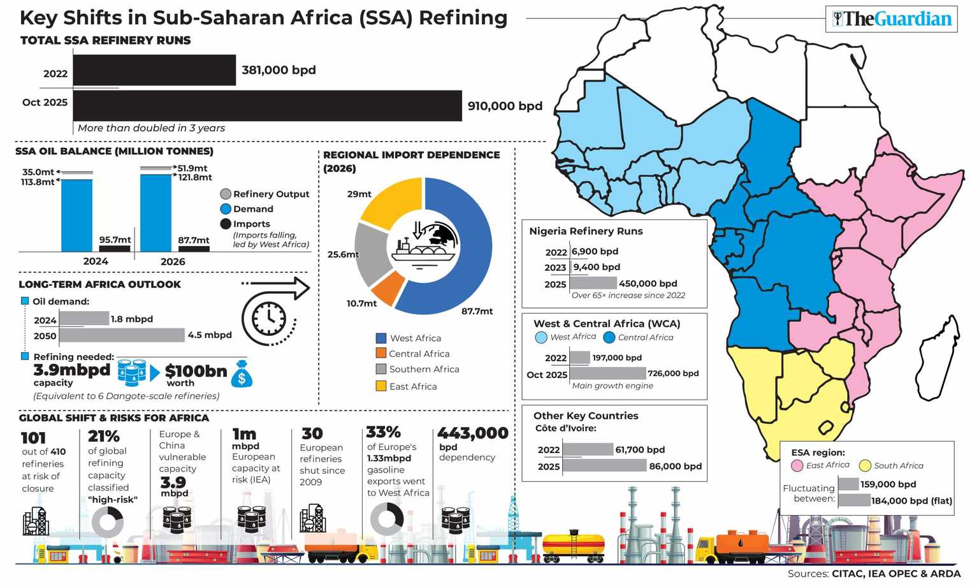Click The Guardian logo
pos(892,19)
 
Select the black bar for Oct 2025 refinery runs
pos(268,106)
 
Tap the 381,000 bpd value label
pos(279,70)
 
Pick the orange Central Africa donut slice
pos(387,288)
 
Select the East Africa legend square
pos(381,386)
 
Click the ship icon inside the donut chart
pos(423,249)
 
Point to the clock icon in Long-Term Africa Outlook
pos(268,317)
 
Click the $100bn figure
pos(196,371)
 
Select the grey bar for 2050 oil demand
pos(122,335)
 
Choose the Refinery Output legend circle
pos(226,194)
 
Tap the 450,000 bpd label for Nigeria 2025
pos(648,284)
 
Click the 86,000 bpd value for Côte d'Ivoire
pos(675,467)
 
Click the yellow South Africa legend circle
pos(865,466)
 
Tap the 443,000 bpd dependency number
pos(472,434)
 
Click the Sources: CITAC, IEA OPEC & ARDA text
pos(873,574)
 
